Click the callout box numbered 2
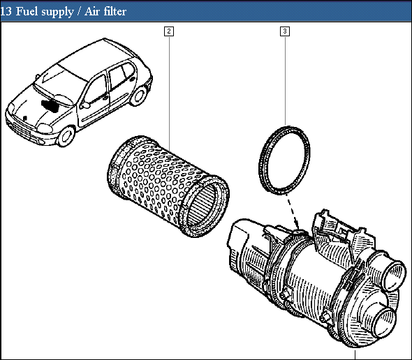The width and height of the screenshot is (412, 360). tap(169, 31)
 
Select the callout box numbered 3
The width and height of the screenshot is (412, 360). tap(285, 31)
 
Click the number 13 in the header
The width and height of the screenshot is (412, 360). tap(6, 11)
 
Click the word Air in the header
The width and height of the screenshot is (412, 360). tap(91, 11)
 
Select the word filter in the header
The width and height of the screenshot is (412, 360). tap(114, 11)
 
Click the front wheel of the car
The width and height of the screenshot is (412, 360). tap(66, 137)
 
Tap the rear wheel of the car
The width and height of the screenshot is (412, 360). tap(138, 96)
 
